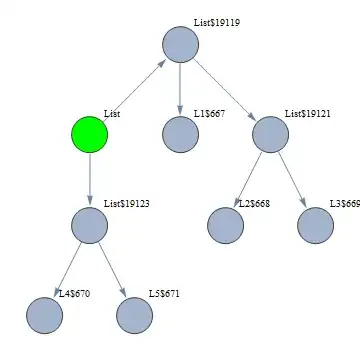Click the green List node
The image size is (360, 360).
coord(90,135)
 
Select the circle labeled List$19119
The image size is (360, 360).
coord(180,45)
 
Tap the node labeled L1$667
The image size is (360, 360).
coord(180,135)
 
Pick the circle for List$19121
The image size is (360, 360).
coord(270,135)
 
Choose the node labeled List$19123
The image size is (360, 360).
coord(90,225)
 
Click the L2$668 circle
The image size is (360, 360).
coord(225,225)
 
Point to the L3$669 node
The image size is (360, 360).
coord(315,225)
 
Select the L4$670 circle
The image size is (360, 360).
coord(45,315)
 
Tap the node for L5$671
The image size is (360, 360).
coord(135,315)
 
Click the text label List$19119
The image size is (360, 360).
coord(216,22)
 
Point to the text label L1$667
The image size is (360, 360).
coord(209,113)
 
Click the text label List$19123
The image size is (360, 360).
coord(127,203)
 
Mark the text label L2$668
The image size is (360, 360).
coord(254,203)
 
